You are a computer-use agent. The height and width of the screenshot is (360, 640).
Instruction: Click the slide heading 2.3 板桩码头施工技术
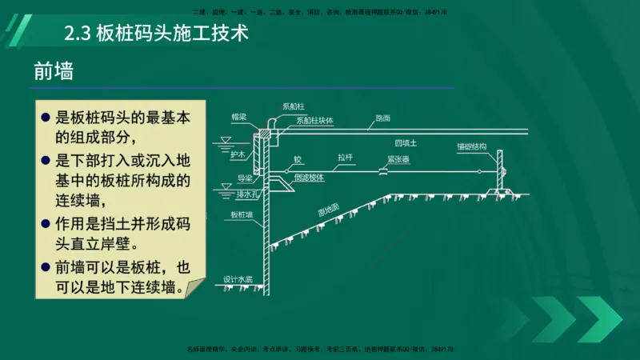pyautogui.click(x=157, y=34)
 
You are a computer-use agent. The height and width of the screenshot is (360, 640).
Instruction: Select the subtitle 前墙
pyautogui.click(x=54, y=71)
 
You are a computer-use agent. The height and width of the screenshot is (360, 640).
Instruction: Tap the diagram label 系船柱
pyautogui.click(x=292, y=106)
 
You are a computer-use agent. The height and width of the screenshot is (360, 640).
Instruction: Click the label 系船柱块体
pyautogui.click(x=314, y=121)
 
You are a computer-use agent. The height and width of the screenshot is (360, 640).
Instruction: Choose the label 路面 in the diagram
pyautogui.click(x=382, y=118)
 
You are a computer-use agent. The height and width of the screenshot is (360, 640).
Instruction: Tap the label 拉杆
pyautogui.click(x=346, y=158)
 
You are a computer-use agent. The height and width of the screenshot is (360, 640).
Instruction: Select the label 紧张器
pyautogui.click(x=397, y=159)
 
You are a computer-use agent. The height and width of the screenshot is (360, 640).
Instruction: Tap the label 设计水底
pyautogui.click(x=238, y=279)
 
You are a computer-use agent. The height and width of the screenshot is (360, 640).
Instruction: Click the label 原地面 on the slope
pyautogui.click(x=329, y=209)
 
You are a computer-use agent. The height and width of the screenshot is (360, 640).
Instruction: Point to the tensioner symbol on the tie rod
pyautogui.click(x=383, y=170)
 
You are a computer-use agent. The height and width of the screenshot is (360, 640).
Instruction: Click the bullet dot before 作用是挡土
pyautogui.click(x=46, y=222)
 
